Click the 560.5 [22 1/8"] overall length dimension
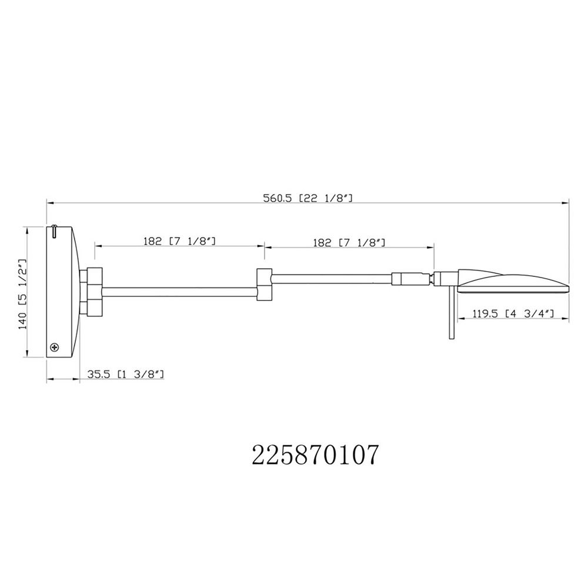coord(308,198)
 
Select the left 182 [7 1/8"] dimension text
coord(179,240)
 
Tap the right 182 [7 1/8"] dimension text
coord(349,243)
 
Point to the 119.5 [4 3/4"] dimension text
coord(513,313)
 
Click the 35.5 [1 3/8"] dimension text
coord(126,374)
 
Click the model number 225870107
coord(315,455)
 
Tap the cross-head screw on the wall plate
coord(55,348)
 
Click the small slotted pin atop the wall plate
coord(55,231)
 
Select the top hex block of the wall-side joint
coord(95,276)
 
